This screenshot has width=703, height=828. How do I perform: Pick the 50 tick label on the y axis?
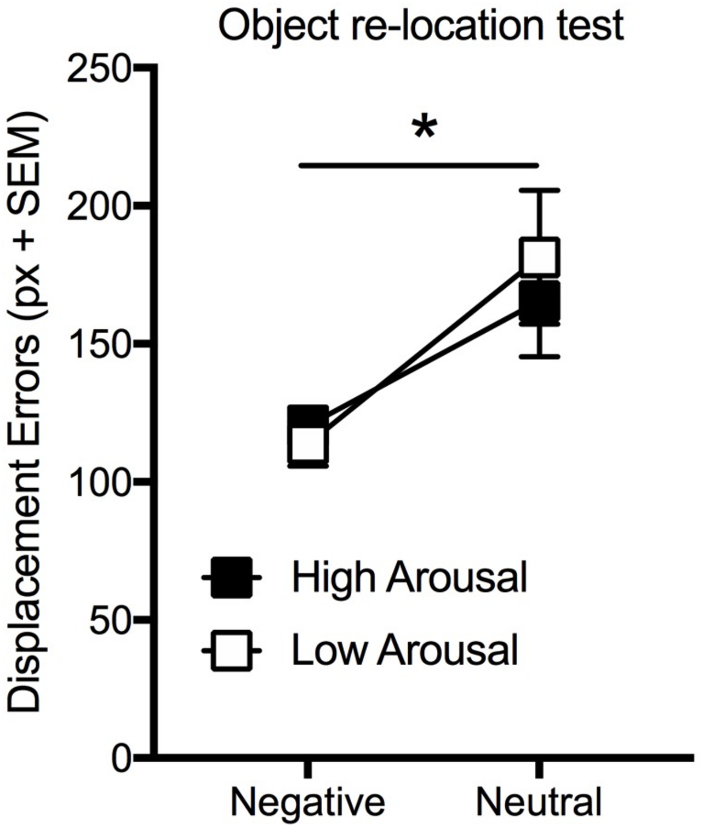(x=111, y=620)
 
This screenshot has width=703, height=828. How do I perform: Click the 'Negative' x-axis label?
(x=307, y=802)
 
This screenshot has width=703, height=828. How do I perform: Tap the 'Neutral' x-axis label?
(x=539, y=802)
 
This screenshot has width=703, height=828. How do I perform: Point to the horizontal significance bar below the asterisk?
(x=419, y=164)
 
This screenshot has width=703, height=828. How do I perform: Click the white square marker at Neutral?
(x=539, y=256)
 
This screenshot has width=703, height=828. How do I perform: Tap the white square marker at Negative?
(x=308, y=444)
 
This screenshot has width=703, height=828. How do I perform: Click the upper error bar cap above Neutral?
(x=540, y=190)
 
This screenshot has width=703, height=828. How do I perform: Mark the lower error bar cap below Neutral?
(x=540, y=356)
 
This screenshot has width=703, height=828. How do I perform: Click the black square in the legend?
(x=231, y=577)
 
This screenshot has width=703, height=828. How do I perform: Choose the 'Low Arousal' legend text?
(x=404, y=651)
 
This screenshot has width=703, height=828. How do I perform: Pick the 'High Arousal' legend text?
(x=409, y=577)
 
